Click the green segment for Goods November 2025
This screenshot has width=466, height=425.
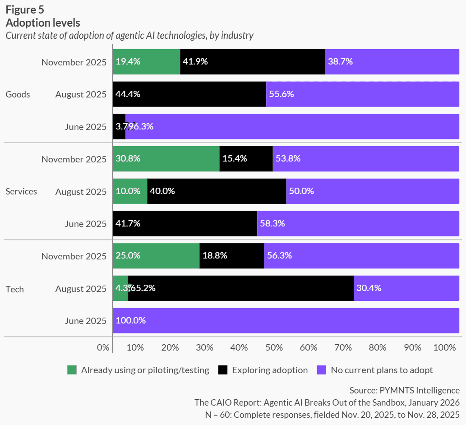coord(146,62)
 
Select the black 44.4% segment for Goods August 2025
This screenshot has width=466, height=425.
coord(189,94)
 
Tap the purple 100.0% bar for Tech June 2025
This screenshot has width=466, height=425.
coord(286,321)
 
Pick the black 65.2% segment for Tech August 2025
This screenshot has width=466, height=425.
coord(240,288)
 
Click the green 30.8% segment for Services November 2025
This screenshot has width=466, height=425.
coord(166,159)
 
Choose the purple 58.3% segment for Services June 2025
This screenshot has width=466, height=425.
coord(358,223)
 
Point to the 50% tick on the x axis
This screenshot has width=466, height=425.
coord(274,348)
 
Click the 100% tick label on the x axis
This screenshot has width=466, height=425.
coord(444,348)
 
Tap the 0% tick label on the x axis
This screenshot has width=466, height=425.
coord(103,348)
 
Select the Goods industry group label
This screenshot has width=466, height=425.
coord(18,94)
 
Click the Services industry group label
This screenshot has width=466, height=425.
coord(21,191)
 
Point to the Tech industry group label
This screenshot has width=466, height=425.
coord(14,289)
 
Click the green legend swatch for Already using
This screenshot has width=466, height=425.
coord(72,370)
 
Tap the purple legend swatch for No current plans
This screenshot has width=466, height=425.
coord(321,370)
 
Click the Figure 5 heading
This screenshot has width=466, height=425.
coord(25,9)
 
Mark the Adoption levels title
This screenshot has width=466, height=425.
coord(42,22)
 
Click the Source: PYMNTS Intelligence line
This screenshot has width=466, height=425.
coord(404,390)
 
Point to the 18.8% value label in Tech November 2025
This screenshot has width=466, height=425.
coord(215,256)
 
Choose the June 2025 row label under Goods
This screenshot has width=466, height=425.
coord(86,127)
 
